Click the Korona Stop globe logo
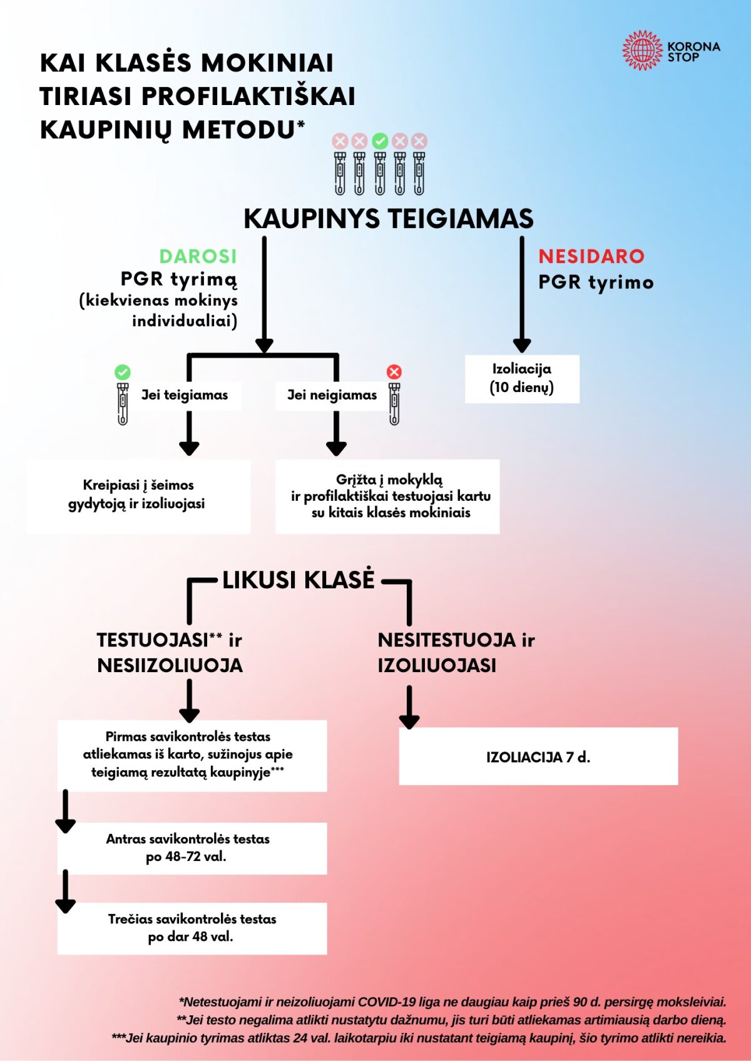(642, 50)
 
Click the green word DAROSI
(198, 256)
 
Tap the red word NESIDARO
(591, 256)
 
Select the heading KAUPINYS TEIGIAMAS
(388, 219)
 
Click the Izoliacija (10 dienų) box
(522, 379)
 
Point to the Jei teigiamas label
(185, 395)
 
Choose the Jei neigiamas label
(332, 395)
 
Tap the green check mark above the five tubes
(380, 141)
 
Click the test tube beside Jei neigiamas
(394, 403)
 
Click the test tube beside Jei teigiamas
(123, 403)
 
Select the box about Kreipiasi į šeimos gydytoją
(138, 495)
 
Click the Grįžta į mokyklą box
(388, 496)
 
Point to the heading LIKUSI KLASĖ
(299, 580)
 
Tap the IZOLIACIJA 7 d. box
(538, 757)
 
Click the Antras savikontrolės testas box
(192, 848)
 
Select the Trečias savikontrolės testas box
(192, 928)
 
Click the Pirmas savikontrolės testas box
(192, 755)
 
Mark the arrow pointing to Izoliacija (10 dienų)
(522, 294)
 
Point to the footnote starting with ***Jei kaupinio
(419, 1038)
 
